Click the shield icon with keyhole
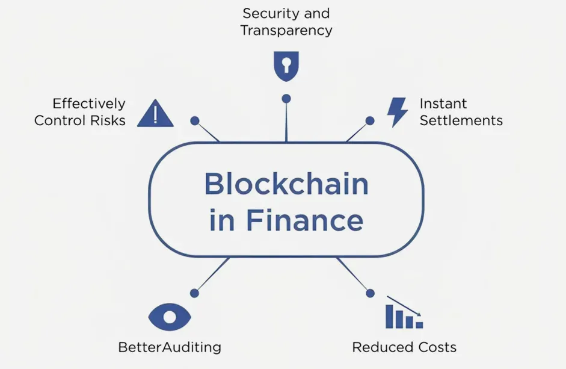(286, 66)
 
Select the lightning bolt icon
(397, 112)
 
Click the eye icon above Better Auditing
(170, 317)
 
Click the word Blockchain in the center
(287, 184)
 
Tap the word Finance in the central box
(305, 220)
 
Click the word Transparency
(286, 30)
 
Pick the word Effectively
(89, 104)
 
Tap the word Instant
(443, 104)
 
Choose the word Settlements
(461, 120)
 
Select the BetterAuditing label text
(170, 347)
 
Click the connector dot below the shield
(286, 99)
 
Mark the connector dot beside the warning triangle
(195, 121)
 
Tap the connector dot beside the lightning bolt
(370, 121)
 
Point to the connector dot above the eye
(194, 293)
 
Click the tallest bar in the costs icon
(389, 317)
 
